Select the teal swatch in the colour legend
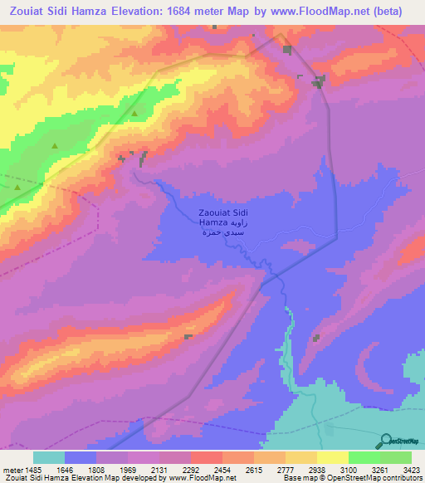tap(49, 457)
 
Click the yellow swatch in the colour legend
tap(333, 457)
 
